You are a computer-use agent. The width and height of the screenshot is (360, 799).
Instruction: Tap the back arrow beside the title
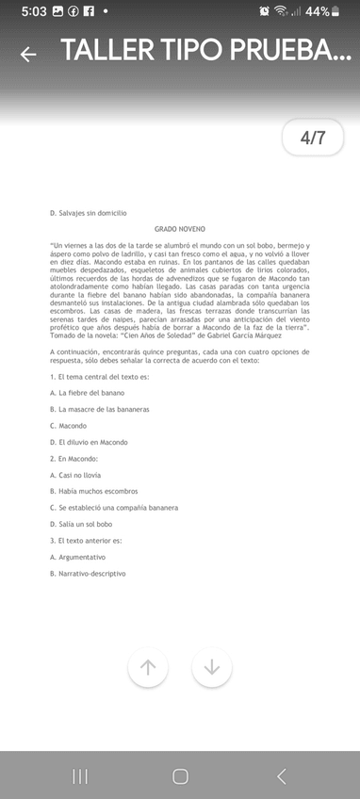pyautogui.click(x=28, y=54)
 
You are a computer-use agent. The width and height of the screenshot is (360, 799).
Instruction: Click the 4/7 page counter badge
pyautogui.click(x=312, y=138)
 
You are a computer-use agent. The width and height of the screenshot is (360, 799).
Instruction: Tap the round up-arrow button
pyautogui.click(x=148, y=667)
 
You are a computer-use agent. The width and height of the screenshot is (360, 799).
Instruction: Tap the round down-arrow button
pyautogui.click(x=212, y=667)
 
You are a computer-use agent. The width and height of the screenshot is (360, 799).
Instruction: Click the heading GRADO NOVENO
pyautogui.click(x=180, y=229)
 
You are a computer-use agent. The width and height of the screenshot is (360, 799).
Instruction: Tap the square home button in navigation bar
pyautogui.click(x=180, y=775)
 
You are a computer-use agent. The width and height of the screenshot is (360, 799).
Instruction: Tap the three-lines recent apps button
pyautogui.click(x=80, y=775)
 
